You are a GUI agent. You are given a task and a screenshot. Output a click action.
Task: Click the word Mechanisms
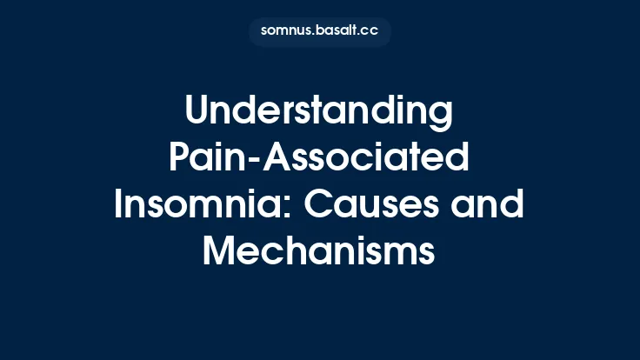(x=319, y=252)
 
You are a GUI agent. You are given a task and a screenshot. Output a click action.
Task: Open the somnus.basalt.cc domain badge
(x=319, y=31)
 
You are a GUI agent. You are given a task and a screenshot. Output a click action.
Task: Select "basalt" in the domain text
(x=333, y=31)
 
